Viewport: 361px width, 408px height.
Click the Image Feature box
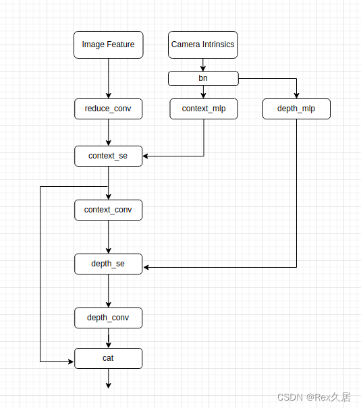(108, 45)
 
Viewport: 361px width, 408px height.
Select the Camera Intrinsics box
(203, 45)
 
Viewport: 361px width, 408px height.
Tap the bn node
(203, 79)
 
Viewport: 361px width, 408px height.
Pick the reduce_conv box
(108, 109)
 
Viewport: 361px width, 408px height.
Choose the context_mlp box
(203, 109)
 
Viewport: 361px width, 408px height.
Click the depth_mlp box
(296, 109)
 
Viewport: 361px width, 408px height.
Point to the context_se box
(108, 156)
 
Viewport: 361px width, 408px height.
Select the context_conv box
(108, 210)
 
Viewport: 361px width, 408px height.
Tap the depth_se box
(108, 264)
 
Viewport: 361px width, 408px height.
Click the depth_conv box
(108, 318)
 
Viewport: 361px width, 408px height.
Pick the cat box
(108, 358)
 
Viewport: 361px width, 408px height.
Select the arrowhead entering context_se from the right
(146, 156)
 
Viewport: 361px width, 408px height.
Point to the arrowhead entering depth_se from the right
(146, 267)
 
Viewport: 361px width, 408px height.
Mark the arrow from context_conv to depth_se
(108, 237)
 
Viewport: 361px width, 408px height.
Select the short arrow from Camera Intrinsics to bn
(203, 65)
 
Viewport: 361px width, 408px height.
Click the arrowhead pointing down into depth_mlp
(296, 95)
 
